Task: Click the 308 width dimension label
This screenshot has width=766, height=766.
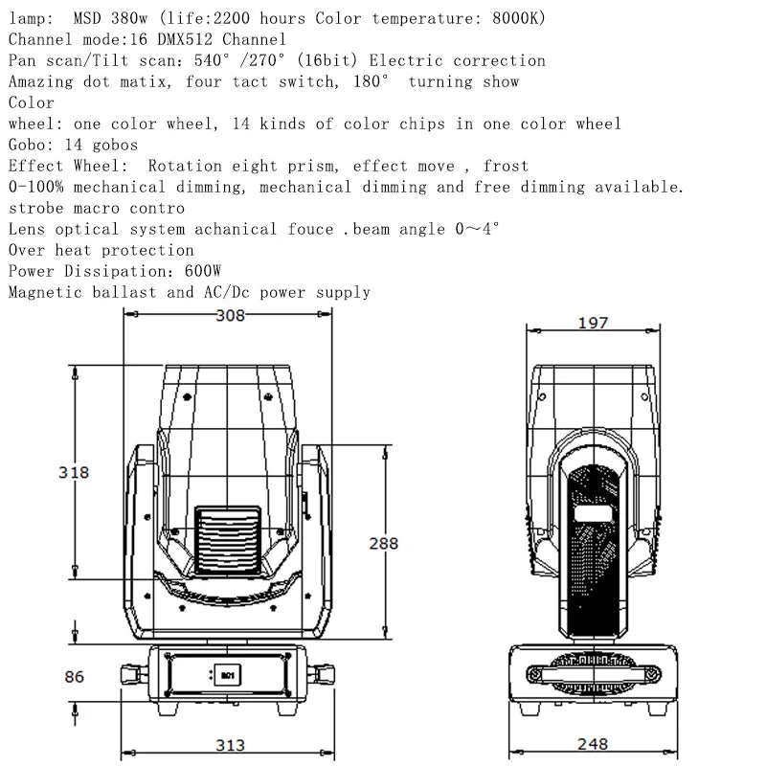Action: [230, 316]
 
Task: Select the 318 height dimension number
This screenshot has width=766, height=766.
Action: [74, 472]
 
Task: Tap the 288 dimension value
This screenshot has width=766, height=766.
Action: [384, 543]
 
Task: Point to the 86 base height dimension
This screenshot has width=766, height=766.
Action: [75, 677]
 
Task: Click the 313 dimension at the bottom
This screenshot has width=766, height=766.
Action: [230, 745]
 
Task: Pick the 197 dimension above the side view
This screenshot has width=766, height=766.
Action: [593, 323]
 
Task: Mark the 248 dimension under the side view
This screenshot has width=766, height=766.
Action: [593, 744]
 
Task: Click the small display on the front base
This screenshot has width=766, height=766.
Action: [227, 675]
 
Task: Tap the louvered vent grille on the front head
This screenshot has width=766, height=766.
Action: [228, 540]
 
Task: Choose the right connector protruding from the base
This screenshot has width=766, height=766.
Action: [321, 675]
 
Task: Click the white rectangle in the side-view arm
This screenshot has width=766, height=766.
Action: [593, 513]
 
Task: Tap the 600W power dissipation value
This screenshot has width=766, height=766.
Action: [203, 271]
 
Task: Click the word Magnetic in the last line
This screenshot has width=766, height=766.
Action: [45, 292]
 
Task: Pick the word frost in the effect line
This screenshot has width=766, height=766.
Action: [506, 166]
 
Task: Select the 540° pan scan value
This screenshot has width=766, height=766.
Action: [212, 60]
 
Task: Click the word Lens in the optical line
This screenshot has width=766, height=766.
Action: [27, 229]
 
